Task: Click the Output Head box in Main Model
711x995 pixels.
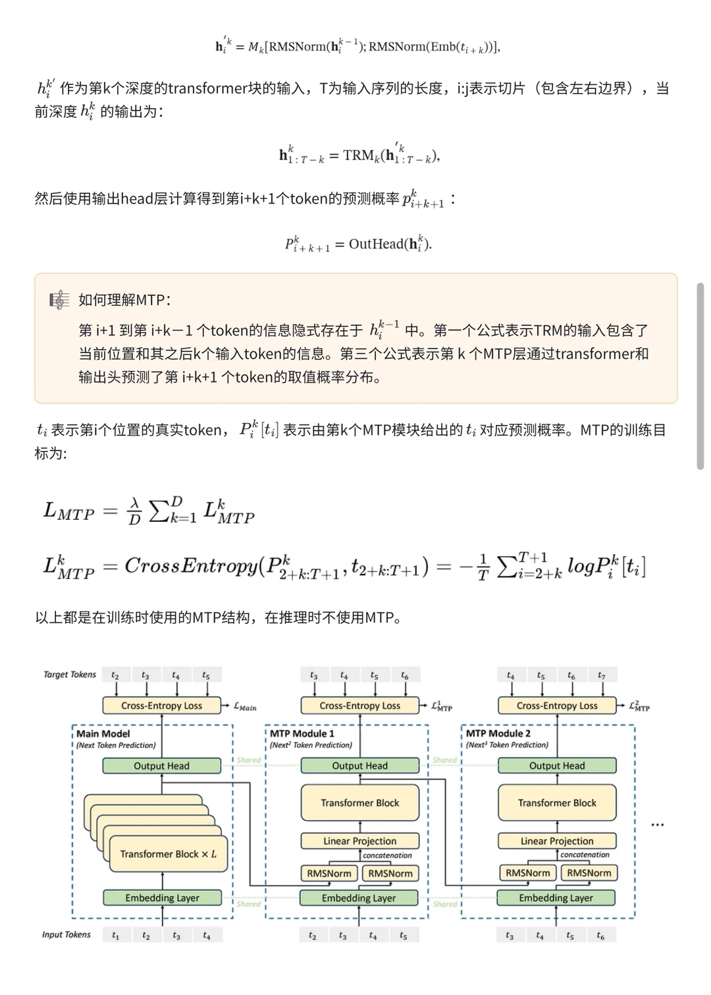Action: tap(161, 766)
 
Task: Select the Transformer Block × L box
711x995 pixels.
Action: tap(168, 854)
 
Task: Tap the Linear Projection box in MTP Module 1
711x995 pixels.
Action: tap(359, 841)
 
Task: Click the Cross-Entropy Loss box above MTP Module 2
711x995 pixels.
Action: tap(557, 705)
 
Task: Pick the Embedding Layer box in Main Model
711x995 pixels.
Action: tap(162, 897)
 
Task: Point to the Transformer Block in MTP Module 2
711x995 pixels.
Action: tap(557, 803)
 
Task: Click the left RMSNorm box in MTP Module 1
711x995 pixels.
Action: tap(329, 873)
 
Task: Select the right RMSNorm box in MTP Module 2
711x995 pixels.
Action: tap(589, 873)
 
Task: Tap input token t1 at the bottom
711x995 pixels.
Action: tap(116, 935)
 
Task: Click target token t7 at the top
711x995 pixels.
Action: tap(601, 675)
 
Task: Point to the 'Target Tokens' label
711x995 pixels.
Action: tap(70, 674)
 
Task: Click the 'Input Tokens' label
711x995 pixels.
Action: tap(66, 934)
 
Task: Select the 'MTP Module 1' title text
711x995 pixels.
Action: tap(302, 733)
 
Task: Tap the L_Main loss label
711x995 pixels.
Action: tap(245, 707)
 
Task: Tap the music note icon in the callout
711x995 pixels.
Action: tap(59, 300)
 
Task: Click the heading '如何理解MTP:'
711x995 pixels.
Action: tap(124, 300)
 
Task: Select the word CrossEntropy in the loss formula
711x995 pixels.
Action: tap(190, 566)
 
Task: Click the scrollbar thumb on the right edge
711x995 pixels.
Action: tap(700, 376)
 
